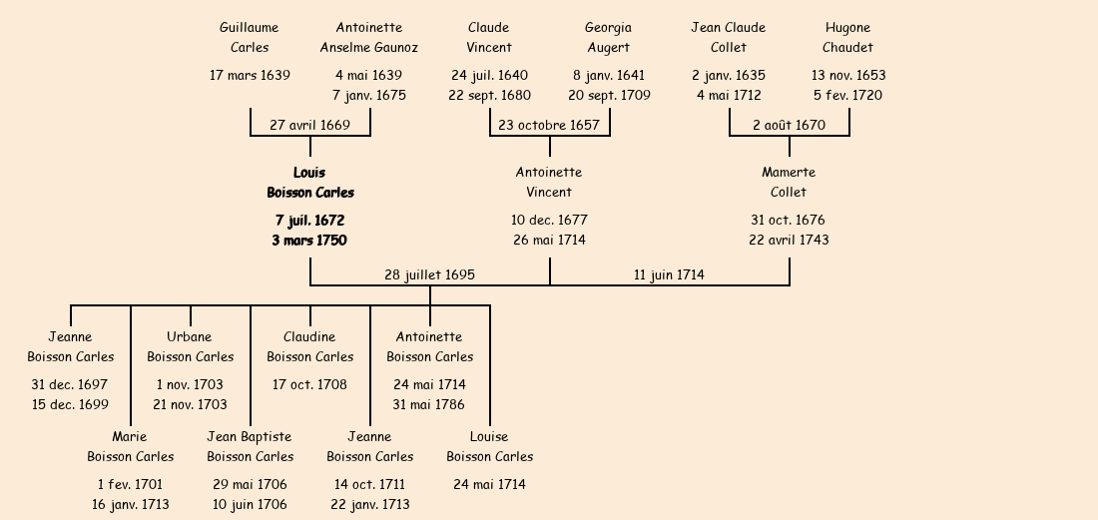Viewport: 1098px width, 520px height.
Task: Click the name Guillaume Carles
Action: (250, 37)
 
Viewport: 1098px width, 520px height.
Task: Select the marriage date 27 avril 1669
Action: (309, 125)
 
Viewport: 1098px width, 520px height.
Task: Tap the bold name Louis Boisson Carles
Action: (309, 183)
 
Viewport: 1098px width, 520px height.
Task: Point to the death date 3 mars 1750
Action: (309, 241)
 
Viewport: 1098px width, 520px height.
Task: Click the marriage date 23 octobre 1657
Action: (549, 125)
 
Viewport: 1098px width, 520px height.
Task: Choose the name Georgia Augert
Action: (609, 37)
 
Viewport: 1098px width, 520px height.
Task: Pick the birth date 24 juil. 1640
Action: (489, 75)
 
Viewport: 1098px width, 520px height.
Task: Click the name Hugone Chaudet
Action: (848, 37)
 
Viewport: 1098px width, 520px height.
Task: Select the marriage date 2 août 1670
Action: (789, 125)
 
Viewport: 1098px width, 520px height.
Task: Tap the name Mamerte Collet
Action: (789, 183)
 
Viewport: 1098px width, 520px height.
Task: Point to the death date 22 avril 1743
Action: (789, 241)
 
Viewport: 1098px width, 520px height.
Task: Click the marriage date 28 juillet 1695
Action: (430, 274)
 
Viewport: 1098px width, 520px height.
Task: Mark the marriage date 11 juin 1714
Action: (669, 274)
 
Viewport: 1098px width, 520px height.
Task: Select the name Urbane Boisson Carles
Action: (190, 346)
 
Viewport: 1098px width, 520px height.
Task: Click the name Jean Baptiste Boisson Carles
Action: (250, 446)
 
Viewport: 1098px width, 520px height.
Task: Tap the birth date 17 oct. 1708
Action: (309, 384)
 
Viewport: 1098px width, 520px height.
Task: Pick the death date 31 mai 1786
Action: (429, 404)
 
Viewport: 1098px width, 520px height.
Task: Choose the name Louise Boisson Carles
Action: (489, 446)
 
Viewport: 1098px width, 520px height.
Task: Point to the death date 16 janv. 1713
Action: (130, 504)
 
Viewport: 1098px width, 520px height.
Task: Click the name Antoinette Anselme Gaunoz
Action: (369, 37)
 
